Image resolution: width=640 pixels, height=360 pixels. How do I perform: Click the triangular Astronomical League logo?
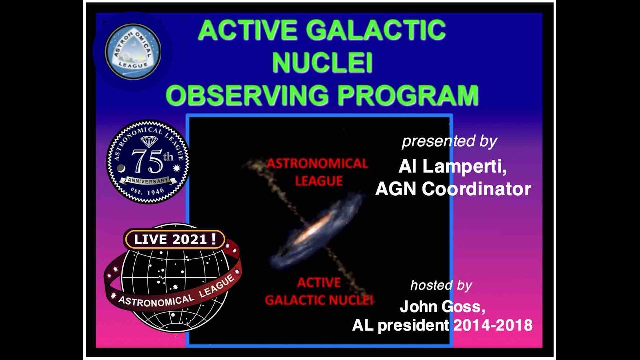click(x=133, y=52)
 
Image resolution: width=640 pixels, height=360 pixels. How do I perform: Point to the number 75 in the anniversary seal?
click(x=145, y=160)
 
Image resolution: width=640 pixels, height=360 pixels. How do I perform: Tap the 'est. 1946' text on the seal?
click(x=148, y=191)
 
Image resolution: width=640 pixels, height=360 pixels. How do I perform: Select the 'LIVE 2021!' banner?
click(x=174, y=239)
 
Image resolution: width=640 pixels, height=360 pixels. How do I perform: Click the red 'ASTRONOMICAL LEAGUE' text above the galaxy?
click(x=317, y=172)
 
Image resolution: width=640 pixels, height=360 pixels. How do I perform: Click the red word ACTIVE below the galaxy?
click(x=319, y=283)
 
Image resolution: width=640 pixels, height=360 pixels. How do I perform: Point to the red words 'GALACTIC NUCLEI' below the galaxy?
click(x=319, y=300)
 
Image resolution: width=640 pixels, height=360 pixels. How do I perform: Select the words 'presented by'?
click(x=449, y=141)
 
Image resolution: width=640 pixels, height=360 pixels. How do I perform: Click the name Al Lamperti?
click(x=453, y=167)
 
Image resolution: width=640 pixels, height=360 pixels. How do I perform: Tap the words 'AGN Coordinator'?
click(x=453, y=189)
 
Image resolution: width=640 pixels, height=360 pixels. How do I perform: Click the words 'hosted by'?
click(x=441, y=285)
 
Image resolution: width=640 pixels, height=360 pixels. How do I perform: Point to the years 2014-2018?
click(x=493, y=325)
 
